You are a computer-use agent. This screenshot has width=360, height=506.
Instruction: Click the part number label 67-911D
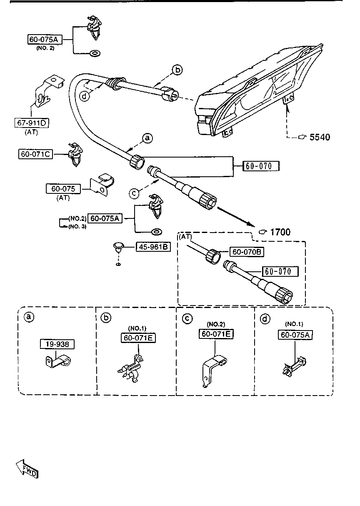pos(31,123)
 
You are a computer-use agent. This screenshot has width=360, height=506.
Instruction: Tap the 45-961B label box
pos(152,247)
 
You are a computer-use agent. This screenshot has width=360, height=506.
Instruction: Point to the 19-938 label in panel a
pos(57,344)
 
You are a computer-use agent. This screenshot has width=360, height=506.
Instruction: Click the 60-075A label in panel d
pos(295,334)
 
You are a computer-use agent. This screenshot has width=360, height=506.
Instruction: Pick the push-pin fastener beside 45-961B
pos(119,248)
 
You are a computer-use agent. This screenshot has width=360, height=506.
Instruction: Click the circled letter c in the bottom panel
pos(188,318)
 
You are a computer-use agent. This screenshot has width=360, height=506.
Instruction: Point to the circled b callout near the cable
pos(177,70)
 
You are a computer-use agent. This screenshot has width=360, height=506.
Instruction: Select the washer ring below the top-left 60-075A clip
pos(95,53)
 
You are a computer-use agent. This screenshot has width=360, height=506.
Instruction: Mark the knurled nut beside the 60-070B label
pos(214,255)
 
